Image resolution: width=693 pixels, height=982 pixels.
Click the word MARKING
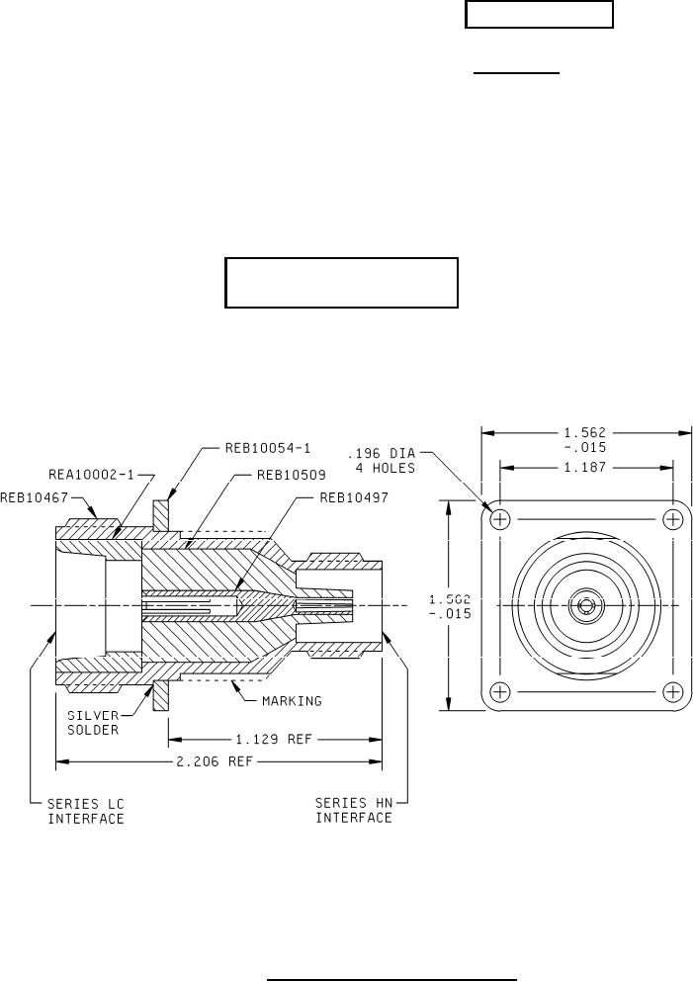tap(292, 700)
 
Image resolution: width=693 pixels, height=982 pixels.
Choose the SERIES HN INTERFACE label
tap(353, 811)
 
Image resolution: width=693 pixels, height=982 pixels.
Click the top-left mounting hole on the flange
tap(500, 519)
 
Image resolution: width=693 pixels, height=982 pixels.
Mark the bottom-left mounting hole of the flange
tap(500, 690)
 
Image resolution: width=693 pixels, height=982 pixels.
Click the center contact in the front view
tap(586, 605)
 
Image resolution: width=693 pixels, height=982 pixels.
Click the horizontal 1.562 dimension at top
tap(585, 437)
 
